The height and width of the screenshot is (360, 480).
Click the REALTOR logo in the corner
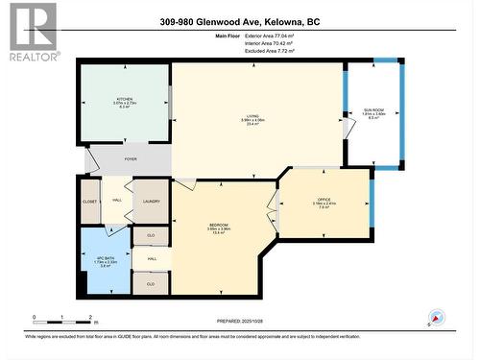pyautogui.click(x=32, y=32)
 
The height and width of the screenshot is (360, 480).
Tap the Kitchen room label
pyautogui.click(x=125, y=102)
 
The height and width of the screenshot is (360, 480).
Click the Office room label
pyautogui.click(x=324, y=203)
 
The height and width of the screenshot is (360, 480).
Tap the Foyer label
pyautogui.click(x=132, y=160)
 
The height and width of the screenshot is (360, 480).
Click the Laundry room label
pyautogui.click(x=150, y=200)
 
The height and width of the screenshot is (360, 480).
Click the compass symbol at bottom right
pyautogui.click(x=436, y=318)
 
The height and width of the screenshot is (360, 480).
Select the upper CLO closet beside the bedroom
pyautogui.click(x=151, y=234)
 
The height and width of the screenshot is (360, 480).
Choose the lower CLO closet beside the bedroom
pyautogui.click(x=151, y=283)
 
